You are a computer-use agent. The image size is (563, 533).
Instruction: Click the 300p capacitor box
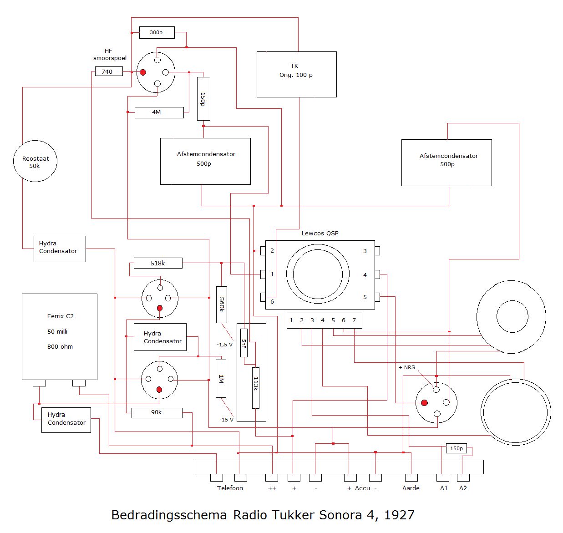tap(156, 32)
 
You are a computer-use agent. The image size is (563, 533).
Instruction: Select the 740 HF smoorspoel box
tap(109, 71)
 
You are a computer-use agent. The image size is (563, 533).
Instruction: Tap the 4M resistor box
tap(159, 112)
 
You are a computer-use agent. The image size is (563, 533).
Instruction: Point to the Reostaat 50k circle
tap(35, 162)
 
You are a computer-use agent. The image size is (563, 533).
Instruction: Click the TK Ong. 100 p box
tap(296, 74)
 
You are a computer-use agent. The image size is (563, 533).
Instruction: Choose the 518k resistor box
tap(158, 263)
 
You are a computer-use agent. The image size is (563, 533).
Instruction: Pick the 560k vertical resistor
tap(222, 305)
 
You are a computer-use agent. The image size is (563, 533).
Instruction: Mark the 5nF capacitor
tap(244, 343)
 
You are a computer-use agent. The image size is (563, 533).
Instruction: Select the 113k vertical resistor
tap(256, 387)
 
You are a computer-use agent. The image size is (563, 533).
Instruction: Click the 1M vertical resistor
tap(221, 379)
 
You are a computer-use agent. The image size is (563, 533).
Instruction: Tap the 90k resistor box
tap(157, 412)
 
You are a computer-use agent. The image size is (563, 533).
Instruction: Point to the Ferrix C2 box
tap(60, 336)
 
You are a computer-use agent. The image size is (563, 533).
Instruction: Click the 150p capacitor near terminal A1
tap(456, 448)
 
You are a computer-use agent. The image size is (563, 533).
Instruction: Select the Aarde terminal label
tap(411, 488)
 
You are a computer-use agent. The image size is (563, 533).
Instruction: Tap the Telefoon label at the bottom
tap(230, 488)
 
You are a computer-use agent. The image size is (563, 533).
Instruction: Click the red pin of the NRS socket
tap(424, 403)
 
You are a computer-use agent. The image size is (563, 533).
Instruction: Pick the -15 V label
tap(226, 420)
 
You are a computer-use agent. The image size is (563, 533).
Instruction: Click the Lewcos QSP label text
tap(320, 234)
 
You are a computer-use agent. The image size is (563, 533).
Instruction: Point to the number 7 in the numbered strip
tap(354, 320)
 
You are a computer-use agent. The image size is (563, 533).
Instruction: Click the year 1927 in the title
tap(399, 515)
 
